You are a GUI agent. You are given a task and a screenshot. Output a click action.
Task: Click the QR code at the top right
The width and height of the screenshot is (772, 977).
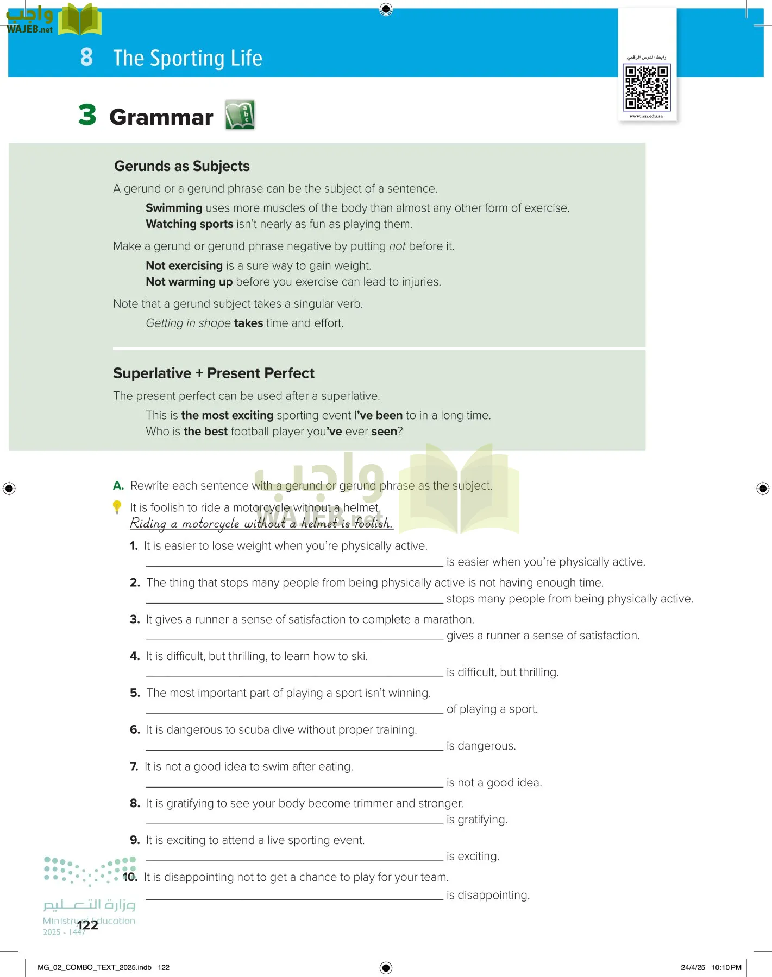[647, 87]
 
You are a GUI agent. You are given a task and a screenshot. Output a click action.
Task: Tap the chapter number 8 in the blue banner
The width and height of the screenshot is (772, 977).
[86, 57]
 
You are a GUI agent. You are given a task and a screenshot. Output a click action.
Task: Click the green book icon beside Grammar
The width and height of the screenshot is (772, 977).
[240, 115]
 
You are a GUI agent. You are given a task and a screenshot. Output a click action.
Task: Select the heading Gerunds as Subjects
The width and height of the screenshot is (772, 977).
[181, 166]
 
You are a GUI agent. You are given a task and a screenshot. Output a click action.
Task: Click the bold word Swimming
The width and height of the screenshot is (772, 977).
[174, 208]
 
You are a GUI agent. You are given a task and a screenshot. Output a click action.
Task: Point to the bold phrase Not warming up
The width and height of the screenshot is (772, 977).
[189, 282]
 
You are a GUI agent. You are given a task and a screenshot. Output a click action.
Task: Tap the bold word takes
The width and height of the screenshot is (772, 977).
[248, 323]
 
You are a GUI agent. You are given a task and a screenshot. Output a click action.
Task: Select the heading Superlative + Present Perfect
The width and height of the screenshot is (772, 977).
[214, 373]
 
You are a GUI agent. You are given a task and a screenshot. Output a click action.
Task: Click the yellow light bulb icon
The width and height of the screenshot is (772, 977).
[117, 507]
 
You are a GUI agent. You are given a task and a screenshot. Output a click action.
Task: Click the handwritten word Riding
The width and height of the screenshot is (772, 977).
[148, 523]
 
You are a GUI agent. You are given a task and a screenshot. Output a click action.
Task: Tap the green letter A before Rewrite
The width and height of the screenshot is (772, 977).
[118, 486]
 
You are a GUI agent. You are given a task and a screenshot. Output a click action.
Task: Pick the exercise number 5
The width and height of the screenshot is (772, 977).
[135, 693]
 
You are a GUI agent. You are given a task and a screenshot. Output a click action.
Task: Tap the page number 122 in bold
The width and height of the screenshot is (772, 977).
[87, 925]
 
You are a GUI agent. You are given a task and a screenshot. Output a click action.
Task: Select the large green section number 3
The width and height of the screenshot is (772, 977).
[87, 115]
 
